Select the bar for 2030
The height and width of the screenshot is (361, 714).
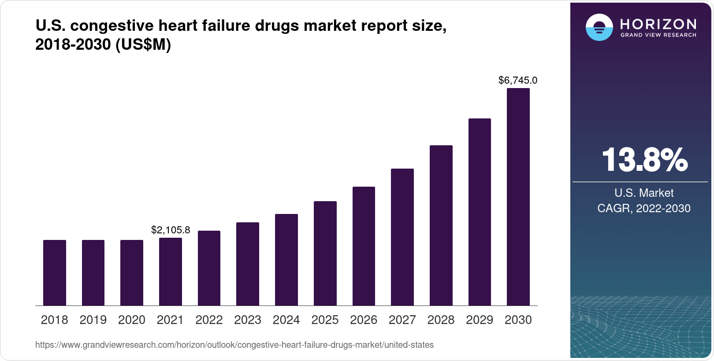click(518, 197)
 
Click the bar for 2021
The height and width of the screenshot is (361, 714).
click(171, 272)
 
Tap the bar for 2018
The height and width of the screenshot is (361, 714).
click(55, 273)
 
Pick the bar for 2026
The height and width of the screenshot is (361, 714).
click(364, 246)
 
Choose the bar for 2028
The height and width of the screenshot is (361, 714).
click(441, 225)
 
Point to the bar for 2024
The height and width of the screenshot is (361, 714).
click(286, 260)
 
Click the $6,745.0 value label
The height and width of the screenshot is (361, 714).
click(518, 80)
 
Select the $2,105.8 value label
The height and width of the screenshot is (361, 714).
click(171, 230)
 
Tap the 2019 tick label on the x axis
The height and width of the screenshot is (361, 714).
click(93, 320)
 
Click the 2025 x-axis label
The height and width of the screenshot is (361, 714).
click(325, 320)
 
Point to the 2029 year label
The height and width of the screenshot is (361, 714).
click(480, 320)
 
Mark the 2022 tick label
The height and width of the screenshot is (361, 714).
click(209, 320)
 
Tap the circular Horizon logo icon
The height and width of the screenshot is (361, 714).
click(599, 27)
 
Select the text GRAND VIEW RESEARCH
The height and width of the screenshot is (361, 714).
click(658, 35)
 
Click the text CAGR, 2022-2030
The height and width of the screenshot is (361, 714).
click(643, 208)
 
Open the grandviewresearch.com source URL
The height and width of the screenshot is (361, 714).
click(234, 345)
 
